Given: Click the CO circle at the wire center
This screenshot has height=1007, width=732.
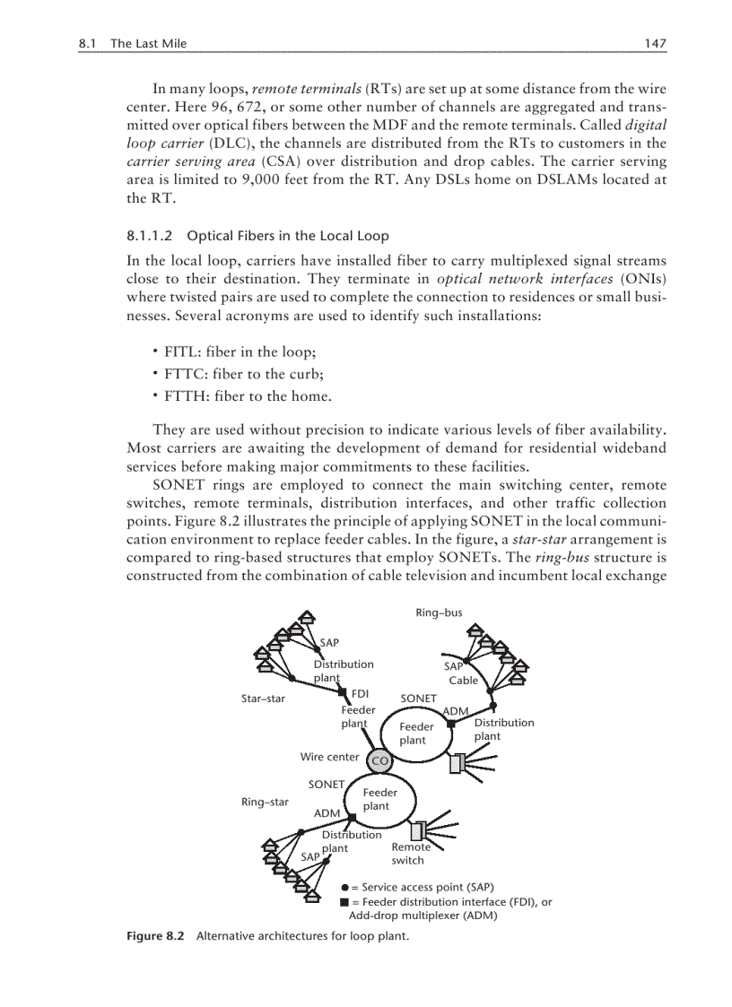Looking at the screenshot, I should [379, 760].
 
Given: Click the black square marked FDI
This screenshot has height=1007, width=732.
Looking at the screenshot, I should [342, 691].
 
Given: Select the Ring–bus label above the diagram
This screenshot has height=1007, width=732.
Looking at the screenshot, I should [439, 613].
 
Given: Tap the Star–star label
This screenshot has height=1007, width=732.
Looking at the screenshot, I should [263, 699].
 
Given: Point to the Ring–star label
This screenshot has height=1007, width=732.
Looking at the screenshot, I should [265, 802].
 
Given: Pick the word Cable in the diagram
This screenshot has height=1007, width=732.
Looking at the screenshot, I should [464, 681].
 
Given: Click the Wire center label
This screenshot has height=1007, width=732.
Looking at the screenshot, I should [329, 757].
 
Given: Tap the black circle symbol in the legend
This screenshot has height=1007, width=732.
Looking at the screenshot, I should [344, 887].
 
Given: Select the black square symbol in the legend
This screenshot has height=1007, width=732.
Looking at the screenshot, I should [344, 902].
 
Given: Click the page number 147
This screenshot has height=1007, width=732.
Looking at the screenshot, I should [656, 43].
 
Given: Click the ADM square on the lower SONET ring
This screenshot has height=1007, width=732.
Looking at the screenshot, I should [353, 817].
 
